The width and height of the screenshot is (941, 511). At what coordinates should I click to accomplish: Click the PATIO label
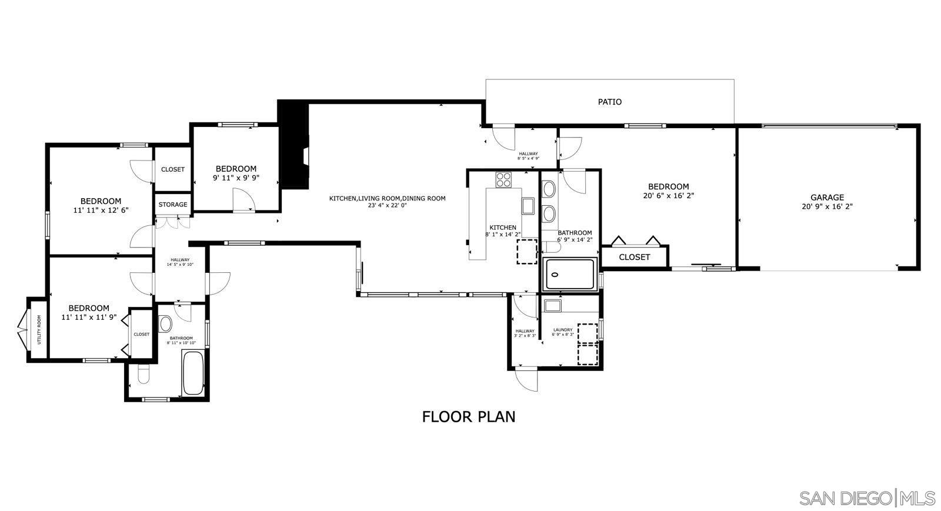609,102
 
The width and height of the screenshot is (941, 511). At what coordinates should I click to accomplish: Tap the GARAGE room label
826,198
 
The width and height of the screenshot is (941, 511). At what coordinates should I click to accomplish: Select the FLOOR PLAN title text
468,416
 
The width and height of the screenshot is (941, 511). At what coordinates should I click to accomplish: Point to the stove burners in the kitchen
503,179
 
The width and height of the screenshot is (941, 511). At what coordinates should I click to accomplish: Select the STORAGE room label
173,205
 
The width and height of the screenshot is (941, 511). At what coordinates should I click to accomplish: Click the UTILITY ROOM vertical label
39,329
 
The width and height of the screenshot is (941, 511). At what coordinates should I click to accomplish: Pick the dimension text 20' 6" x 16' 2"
668,196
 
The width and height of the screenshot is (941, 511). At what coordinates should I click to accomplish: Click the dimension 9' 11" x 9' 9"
236,178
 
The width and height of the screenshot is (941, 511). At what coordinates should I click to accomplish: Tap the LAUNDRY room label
563,330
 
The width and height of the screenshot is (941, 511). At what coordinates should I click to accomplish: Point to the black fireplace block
293,144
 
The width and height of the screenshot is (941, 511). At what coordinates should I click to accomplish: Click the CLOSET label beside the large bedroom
634,257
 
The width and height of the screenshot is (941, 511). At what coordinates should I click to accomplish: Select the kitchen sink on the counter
528,206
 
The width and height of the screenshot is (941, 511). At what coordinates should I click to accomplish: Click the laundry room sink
552,305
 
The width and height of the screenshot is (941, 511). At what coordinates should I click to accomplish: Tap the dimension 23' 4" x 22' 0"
387,206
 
